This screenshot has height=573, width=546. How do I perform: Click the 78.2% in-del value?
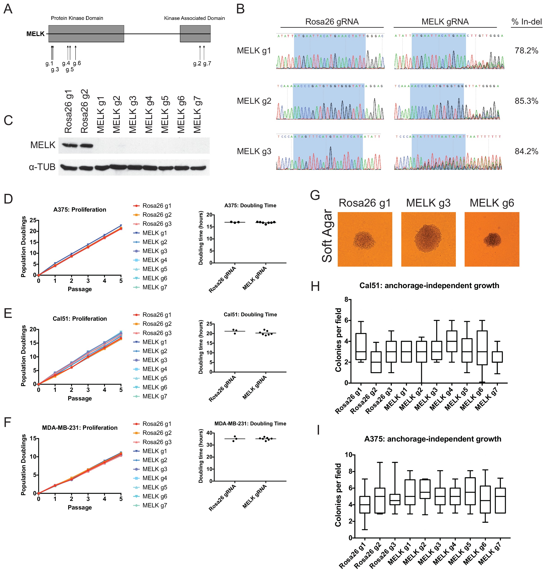526,51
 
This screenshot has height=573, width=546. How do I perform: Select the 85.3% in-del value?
526,101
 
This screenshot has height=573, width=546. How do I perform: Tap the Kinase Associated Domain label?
194,18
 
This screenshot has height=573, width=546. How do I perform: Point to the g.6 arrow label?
77,63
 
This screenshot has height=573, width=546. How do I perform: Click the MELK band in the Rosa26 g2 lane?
86,145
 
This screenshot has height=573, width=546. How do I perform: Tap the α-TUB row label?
42,167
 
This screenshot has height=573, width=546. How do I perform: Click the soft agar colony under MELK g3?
428,238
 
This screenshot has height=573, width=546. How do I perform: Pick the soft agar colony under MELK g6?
492,240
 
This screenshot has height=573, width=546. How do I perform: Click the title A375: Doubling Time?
250,205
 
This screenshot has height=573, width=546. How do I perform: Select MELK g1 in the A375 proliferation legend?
155,233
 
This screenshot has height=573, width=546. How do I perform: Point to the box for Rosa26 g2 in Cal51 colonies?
376,362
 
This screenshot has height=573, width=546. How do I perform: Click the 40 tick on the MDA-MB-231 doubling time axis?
209,433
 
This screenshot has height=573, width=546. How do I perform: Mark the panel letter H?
315,286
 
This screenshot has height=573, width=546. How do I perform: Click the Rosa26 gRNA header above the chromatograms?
332,22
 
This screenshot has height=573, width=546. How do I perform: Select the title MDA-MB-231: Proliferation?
80,428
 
